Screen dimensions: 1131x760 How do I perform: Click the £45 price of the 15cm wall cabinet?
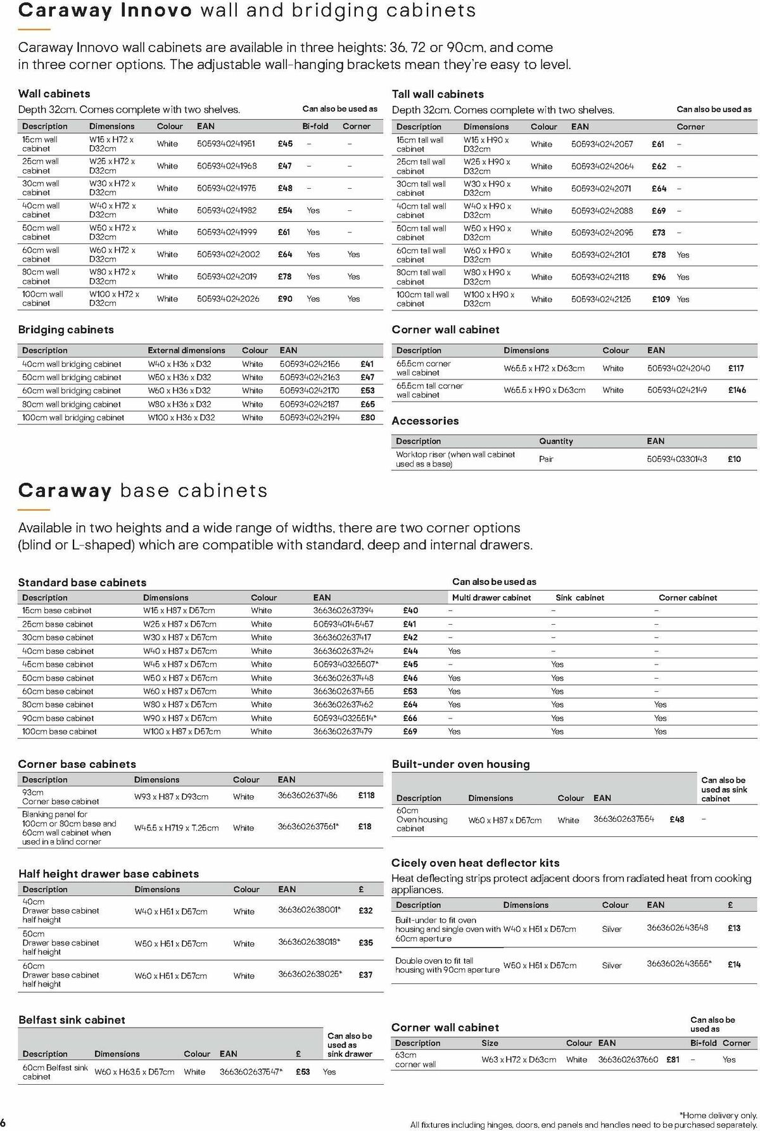click(285, 144)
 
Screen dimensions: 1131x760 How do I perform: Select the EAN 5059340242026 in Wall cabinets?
click(228, 298)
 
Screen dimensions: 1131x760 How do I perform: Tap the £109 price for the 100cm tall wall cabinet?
click(661, 299)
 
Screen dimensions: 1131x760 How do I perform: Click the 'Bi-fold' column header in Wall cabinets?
click(315, 126)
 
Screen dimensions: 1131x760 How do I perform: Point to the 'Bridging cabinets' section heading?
click(66, 329)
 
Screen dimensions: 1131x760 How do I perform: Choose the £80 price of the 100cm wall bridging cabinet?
click(367, 418)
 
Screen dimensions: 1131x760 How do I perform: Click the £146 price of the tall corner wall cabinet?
click(737, 390)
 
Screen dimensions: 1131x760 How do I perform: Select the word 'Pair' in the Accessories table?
click(546, 459)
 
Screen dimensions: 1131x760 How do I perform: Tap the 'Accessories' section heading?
click(425, 421)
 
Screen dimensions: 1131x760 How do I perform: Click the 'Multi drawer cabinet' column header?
click(491, 597)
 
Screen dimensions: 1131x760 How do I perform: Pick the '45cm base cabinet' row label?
click(58, 664)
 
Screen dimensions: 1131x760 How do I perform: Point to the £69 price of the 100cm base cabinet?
click(410, 731)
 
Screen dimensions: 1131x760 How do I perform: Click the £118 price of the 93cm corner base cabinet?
click(366, 795)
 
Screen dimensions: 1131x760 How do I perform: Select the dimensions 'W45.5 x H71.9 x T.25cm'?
click(176, 827)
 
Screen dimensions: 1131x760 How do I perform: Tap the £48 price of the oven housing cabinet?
click(676, 819)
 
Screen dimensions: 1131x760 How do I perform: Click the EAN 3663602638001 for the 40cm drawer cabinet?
click(309, 910)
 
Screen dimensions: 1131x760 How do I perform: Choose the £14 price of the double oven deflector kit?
click(733, 964)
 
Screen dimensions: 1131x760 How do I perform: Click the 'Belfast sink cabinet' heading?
click(72, 1019)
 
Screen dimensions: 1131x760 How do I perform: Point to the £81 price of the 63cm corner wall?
click(673, 1059)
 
